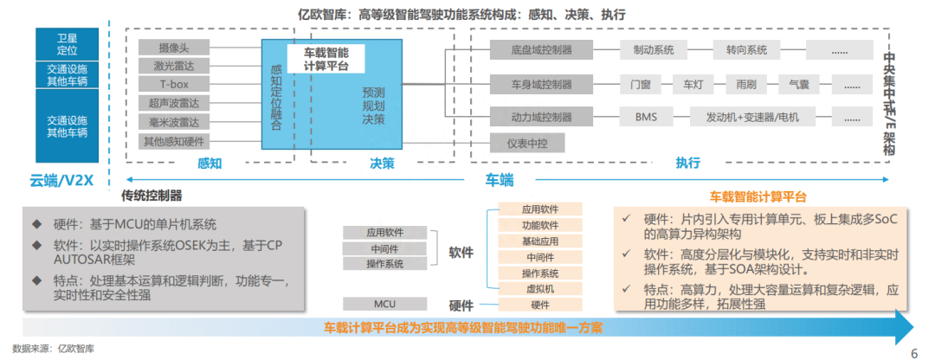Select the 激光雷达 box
173,66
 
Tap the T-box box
173,84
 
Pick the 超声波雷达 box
173,103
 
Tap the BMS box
647,117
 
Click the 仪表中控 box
527,143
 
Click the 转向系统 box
746,49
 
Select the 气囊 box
799,84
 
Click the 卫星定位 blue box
67,43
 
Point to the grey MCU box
384,304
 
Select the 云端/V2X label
60,180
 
